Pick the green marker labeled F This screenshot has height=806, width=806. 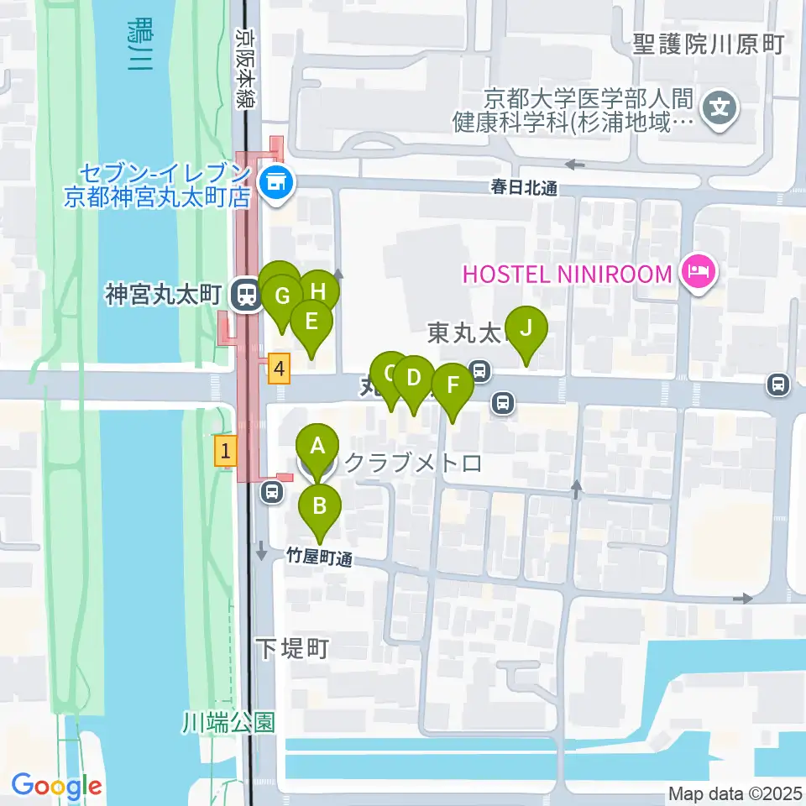coord(453,386)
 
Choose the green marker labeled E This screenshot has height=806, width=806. coord(311,322)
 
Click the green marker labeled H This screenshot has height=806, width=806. coord(318,291)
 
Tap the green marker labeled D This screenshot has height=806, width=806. coord(413,378)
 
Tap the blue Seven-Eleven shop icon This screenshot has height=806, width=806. coord(274,179)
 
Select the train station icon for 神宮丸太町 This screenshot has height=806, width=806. coord(246,295)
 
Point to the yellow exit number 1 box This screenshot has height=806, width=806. coord(224,450)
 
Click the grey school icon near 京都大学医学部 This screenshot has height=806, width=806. coord(720,107)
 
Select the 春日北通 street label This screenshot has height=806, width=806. coord(525,189)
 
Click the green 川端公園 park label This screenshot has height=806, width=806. coord(229,723)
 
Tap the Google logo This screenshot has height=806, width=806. coord(57,786)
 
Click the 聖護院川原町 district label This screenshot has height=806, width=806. coord(709,44)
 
